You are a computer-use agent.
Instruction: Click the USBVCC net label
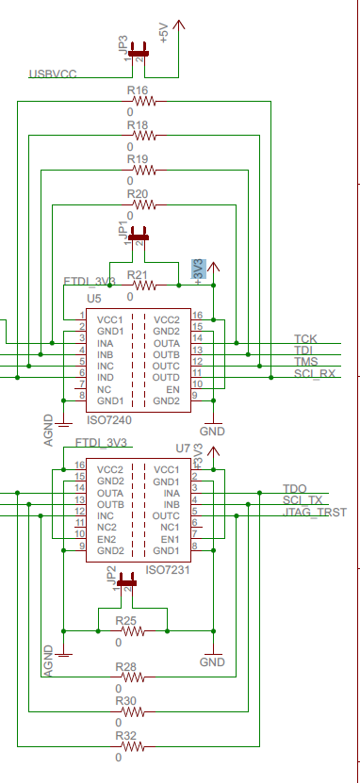pos(55,73)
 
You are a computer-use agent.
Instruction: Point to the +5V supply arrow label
pos(165,34)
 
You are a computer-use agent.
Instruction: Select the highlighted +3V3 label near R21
pos(199,269)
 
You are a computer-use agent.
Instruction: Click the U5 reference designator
pos(93,299)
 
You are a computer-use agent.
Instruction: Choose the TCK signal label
pos(305,338)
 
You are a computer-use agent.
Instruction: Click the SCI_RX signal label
pos(314,373)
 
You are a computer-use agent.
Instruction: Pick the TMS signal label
pos(305,362)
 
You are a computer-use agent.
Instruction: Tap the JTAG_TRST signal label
pos(315,513)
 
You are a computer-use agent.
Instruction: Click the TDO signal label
pos(295,488)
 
